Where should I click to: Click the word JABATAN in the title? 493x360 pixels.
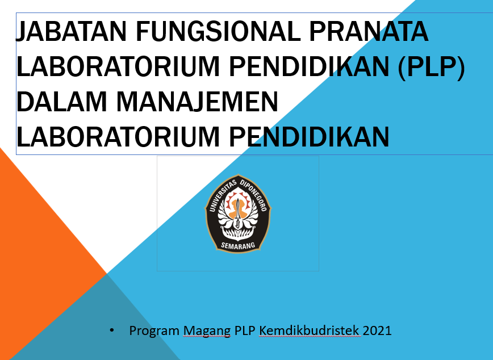coord(71,31)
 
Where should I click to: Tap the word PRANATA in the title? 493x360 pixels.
coord(369,31)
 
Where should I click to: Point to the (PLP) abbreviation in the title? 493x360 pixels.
coord(431,66)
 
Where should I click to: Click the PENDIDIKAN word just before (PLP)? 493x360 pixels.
coord(310,66)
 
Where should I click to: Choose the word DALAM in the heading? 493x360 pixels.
coord(61,102)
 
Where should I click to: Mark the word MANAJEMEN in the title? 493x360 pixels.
coord(198,102)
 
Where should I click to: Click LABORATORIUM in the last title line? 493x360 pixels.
coord(118,136)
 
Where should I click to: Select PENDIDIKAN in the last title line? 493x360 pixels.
coord(310,136)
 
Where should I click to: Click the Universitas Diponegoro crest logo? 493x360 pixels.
coord(238,214)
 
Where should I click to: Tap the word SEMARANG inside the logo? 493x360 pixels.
coord(238,245)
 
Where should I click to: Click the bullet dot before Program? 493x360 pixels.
coord(112,330)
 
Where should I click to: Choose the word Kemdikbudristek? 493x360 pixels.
coord(309,330)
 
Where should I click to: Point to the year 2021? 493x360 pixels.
coord(377,330)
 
